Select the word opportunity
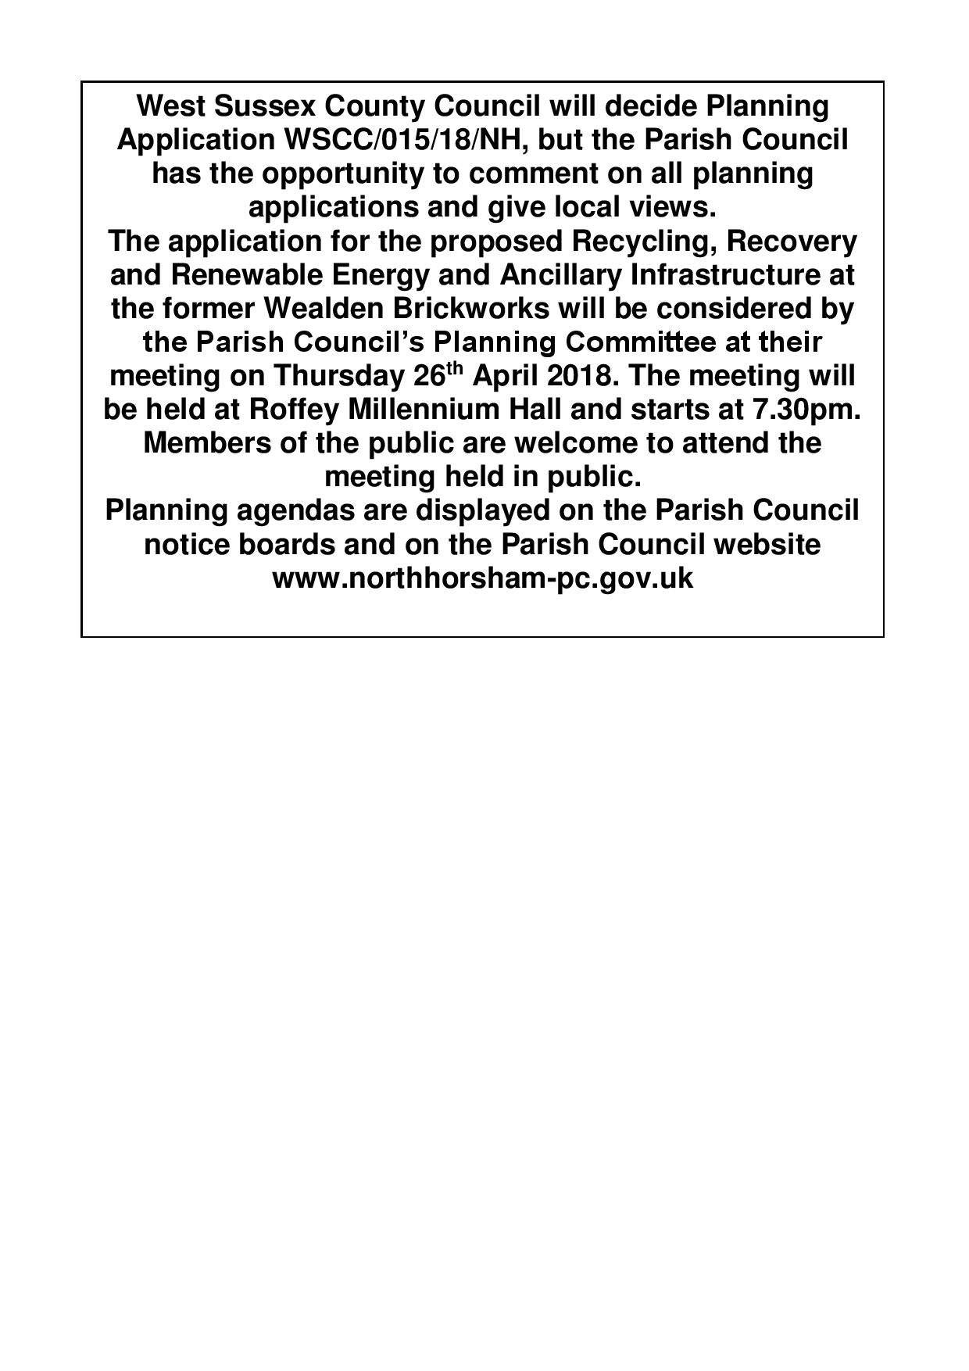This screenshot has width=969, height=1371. [341, 174]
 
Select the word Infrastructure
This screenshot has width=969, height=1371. [720, 275]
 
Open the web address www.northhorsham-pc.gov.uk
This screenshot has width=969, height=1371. [482, 578]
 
